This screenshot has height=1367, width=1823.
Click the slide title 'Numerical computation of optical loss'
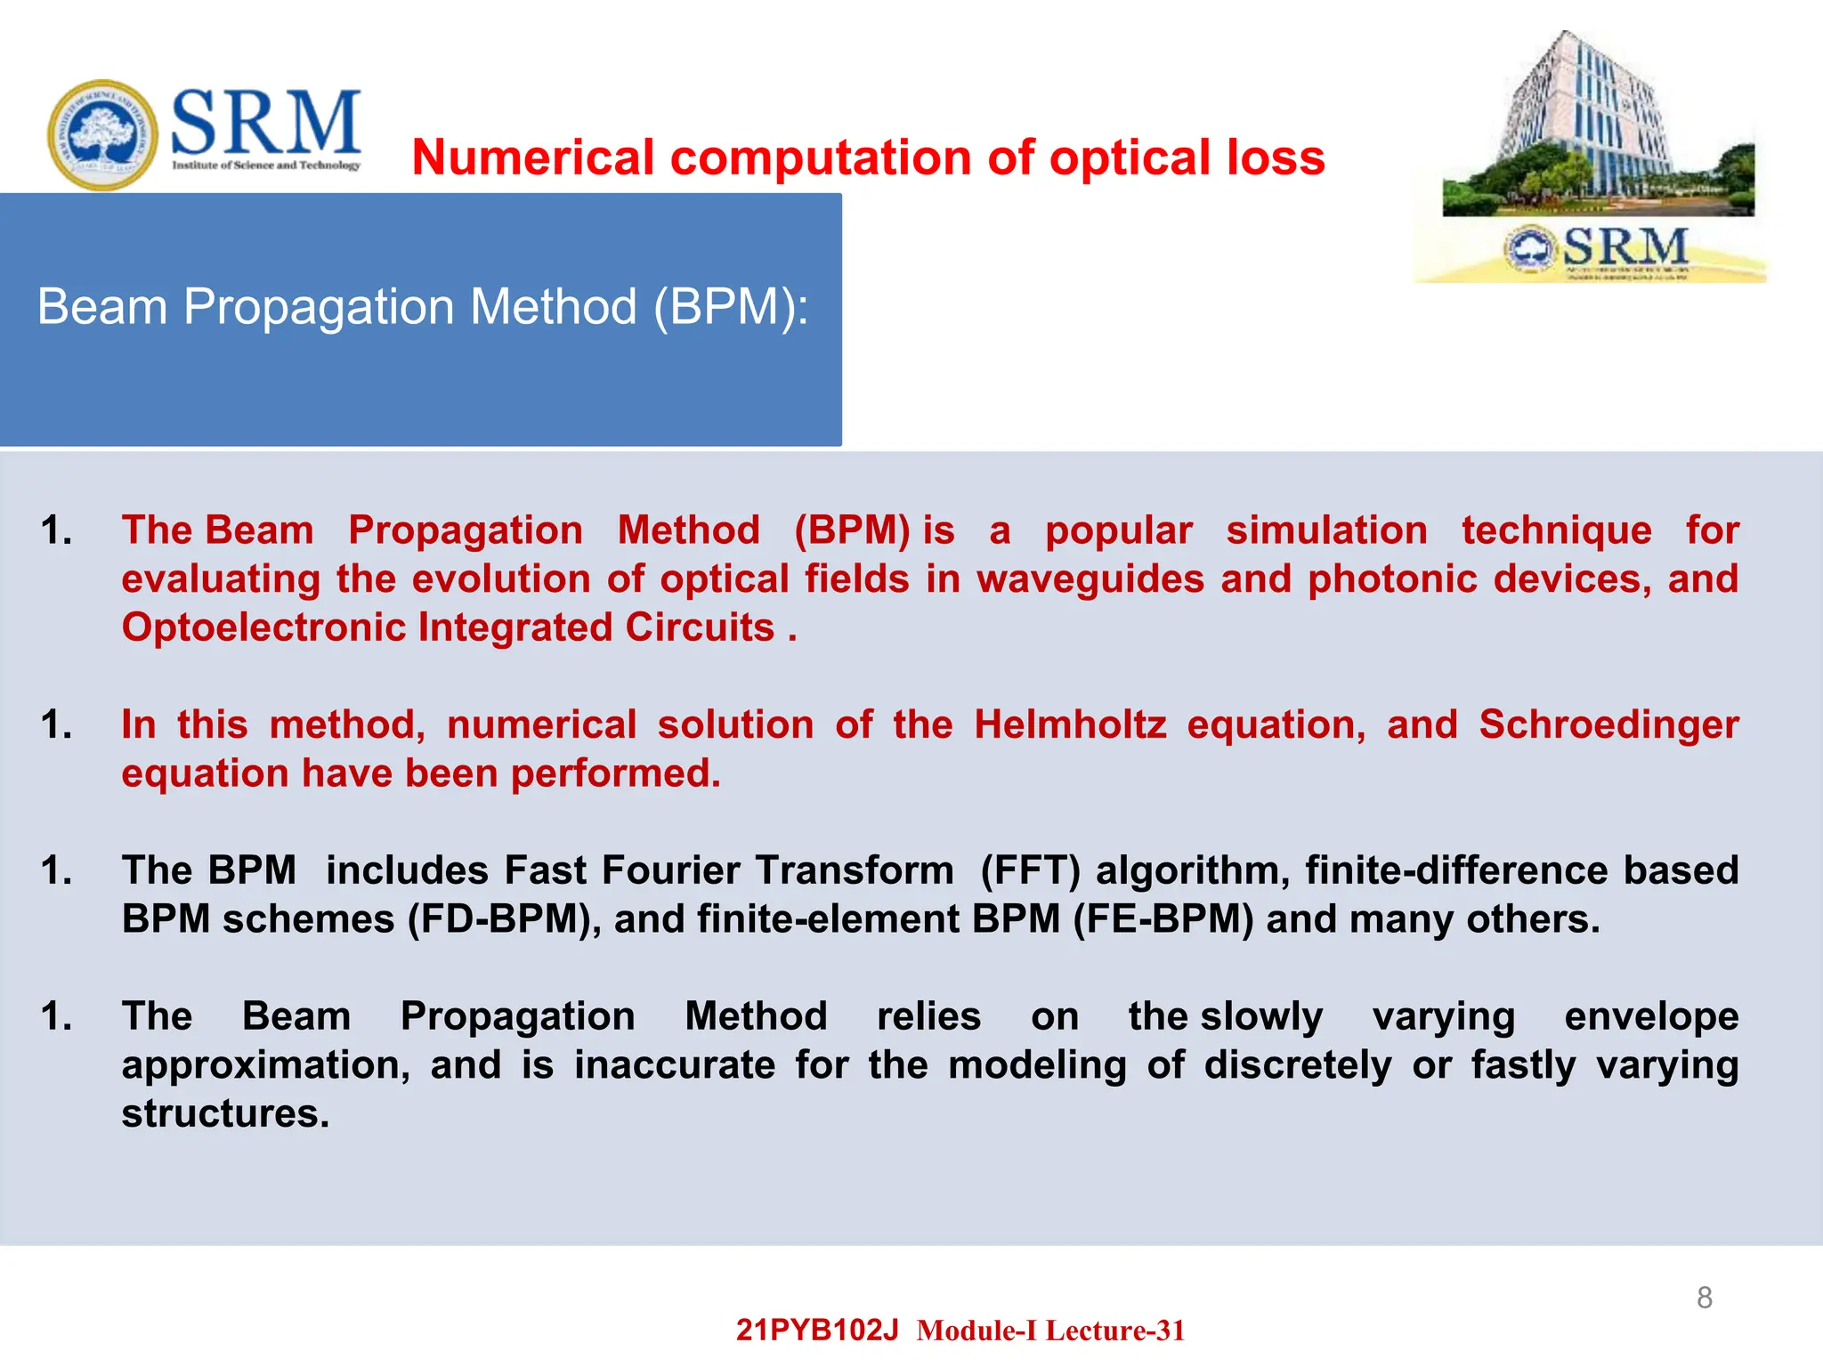point(868,158)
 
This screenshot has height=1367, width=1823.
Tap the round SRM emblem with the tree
point(102,134)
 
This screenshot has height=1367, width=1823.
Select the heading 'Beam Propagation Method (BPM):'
point(423,307)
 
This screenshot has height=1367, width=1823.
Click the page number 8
point(1704,1298)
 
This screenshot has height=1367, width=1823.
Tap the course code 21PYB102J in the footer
point(817,1330)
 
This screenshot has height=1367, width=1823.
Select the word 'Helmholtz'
point(1070,724)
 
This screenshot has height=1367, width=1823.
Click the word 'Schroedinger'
point(1608,724)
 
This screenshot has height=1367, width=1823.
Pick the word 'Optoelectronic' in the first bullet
point(263,627)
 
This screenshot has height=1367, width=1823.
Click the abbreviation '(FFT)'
point(1030,870)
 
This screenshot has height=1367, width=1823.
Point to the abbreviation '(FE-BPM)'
point(1163,919)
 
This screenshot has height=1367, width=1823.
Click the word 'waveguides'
point(1090,579)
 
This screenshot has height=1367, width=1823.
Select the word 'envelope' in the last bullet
point(1651,1016)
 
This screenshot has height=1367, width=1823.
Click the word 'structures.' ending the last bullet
point(225,1113)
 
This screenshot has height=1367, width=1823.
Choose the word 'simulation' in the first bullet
point(1326,530)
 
